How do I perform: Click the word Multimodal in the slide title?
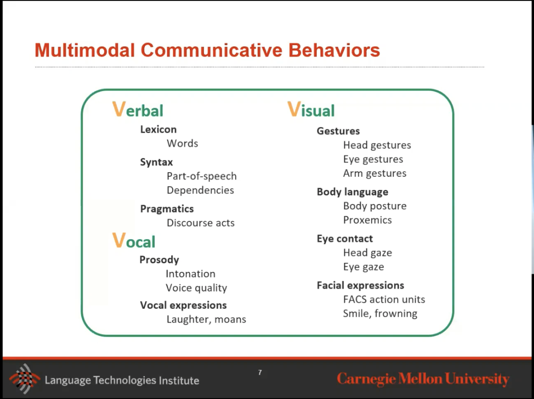(85, 50)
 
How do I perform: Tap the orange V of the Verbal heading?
(119, 109)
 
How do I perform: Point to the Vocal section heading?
(134, 241)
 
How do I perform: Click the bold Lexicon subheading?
(158, 130)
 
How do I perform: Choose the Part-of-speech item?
(202, 176)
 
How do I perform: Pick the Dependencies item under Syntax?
(200, 190)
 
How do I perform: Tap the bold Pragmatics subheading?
(167, 209)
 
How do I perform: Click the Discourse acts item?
(201, 223)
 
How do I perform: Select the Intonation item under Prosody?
(190, 274)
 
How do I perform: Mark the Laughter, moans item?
(206, 319)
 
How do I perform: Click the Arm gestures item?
(375, 174)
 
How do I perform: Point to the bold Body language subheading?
(353, 192)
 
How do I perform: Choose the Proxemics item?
(367, 220)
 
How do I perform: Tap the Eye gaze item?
(363, 267)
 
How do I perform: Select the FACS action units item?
(384, 299)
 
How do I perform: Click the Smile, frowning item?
(380, 314)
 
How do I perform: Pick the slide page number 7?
(260, 372)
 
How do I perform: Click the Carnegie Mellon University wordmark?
(423, 379)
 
